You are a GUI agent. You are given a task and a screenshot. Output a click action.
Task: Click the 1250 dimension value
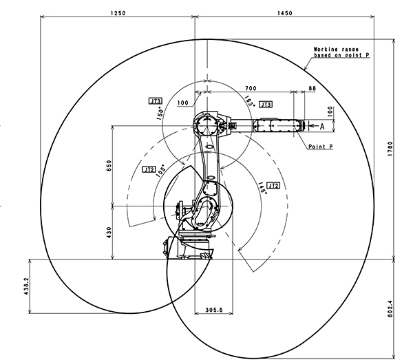pyautogui.click(x=118, y=13)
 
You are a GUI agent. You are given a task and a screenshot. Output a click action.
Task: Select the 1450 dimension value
pyautogui.click(x=285, y=13)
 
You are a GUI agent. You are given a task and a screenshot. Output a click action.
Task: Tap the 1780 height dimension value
pyautogui.click(x=390, y=149)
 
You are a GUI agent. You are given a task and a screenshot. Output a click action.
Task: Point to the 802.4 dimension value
pyautogui.click(x=390, y=309)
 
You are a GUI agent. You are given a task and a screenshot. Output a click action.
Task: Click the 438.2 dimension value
pyautogui.click(x=27, y=286)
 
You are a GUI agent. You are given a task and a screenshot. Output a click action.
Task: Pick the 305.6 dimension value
pyautogui.click(x=214, y=310)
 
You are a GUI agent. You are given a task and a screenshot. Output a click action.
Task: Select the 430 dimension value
pyautogui.click(x=109, y=233)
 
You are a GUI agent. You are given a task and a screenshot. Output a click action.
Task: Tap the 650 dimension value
pyautogui.click(x=109, y=166)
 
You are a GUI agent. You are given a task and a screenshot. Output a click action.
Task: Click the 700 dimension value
pyautogui.click(x=251, y=88)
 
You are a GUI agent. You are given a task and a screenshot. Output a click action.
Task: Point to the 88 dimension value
pyautogui.click(x=312, y=88)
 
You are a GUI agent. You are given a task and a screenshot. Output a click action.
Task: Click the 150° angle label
pyautogui.click(x=160, y=114)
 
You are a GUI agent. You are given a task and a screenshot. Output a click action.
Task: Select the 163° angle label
pyautogui.click(x=250, y=101)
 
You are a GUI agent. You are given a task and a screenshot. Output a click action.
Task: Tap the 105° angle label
pyautogui.click(x=161, y=171)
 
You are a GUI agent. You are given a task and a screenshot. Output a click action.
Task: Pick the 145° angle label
pyautogui.click(x=262, y=189)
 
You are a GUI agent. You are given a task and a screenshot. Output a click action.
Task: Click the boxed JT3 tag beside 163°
pyautogui.click(x=266, y=105)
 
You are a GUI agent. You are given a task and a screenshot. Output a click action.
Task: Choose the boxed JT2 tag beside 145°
pyautogui.click(x=273, y=186)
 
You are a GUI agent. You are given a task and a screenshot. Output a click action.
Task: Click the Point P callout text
pyautogui.click(x=321, y=147)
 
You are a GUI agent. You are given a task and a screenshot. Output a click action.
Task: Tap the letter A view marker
pyautogui.click(x=322, y=127)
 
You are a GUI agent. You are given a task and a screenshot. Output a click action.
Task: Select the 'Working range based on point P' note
pyautogui.click(x=341, y=52)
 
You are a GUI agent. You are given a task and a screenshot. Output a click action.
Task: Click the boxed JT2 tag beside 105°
pyautogui.click(x=149, y=169)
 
